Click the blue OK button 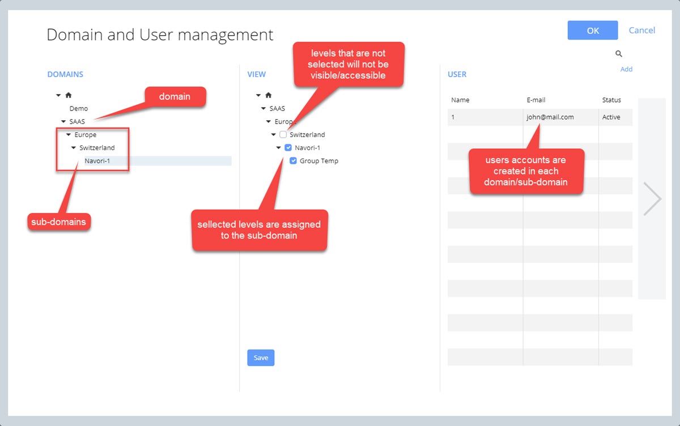593,31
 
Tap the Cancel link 641,31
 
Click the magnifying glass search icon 619,54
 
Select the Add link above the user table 626,69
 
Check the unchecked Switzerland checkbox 283,134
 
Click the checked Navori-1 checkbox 288,148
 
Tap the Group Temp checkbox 294,161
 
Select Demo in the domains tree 79,108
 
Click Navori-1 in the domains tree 97,161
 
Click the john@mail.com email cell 550,117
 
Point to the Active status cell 611,117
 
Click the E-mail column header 536,100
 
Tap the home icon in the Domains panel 69,95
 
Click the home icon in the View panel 269,95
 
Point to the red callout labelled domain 175,97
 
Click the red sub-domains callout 59,222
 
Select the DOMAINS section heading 65,74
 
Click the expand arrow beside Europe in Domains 69,134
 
